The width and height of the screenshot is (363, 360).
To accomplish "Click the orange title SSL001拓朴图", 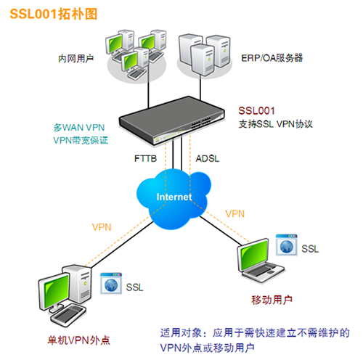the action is coord(54,14).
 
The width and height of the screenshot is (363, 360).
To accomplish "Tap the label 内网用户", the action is coord(76,59).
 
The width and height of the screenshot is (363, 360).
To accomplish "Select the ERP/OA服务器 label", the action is coord(272,58).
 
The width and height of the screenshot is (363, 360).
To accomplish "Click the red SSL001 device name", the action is coord(256,111).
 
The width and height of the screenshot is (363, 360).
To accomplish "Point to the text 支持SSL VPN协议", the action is coord(276,124).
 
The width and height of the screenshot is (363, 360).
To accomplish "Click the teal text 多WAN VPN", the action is coord(79,128).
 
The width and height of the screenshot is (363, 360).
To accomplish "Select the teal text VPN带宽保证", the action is coord(81,140).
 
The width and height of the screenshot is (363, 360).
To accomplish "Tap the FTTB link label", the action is coord(145,159).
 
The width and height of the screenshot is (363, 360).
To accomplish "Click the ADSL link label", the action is coord(208,159).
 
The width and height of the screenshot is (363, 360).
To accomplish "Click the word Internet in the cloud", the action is coord(174,197).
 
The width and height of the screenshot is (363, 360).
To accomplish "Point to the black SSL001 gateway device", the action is coord(171,120).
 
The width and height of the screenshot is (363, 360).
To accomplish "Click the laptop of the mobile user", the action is coord(261,259).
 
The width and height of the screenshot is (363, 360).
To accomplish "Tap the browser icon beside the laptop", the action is coord(287,245).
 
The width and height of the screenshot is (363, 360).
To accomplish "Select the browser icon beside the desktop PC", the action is coord(111,283).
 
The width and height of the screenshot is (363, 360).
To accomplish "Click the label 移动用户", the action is coord(272,300).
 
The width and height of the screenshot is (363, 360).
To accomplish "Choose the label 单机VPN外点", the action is coord(79,340).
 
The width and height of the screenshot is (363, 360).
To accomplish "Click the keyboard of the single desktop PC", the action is coord(68,315).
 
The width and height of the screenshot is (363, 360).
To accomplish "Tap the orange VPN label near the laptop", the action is coord(234,214).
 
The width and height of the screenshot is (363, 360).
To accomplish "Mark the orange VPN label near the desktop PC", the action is coord(102,227).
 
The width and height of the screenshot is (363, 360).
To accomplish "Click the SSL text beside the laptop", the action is coord(310,249).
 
